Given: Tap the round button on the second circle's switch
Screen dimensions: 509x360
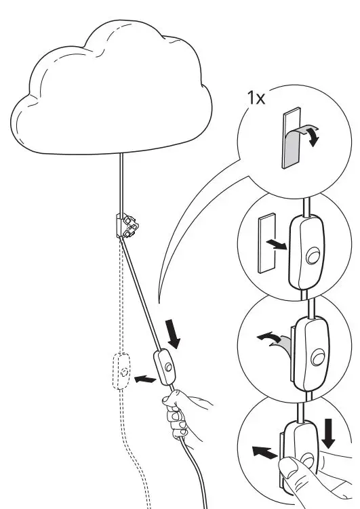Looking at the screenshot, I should [313, 257].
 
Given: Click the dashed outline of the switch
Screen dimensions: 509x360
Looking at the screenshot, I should [121, 371].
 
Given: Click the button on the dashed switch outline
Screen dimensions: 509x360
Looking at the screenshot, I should [123, 372].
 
